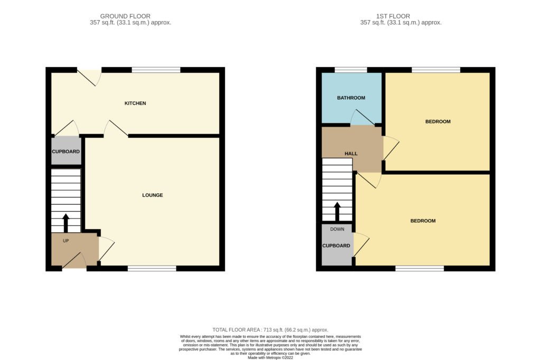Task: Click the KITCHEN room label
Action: (135, 103)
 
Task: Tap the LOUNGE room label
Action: (153, 195)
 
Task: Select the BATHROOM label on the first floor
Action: (351, 98)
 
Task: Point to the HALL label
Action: (351, 154)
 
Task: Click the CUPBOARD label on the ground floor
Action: (66, 152)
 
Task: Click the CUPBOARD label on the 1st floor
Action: (337, 246)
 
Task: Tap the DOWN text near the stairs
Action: (337, 229)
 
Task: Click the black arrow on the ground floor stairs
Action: (66, 222)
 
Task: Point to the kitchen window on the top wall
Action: (156, 70)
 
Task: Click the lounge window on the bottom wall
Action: (152, 269)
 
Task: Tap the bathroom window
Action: (351, 70)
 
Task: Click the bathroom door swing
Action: (362, 118)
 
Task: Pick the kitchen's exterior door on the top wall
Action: (90, 77)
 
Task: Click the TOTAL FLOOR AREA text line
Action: (270, 329)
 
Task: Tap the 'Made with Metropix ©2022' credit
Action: (270, 357)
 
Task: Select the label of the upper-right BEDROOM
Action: (438, 122)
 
